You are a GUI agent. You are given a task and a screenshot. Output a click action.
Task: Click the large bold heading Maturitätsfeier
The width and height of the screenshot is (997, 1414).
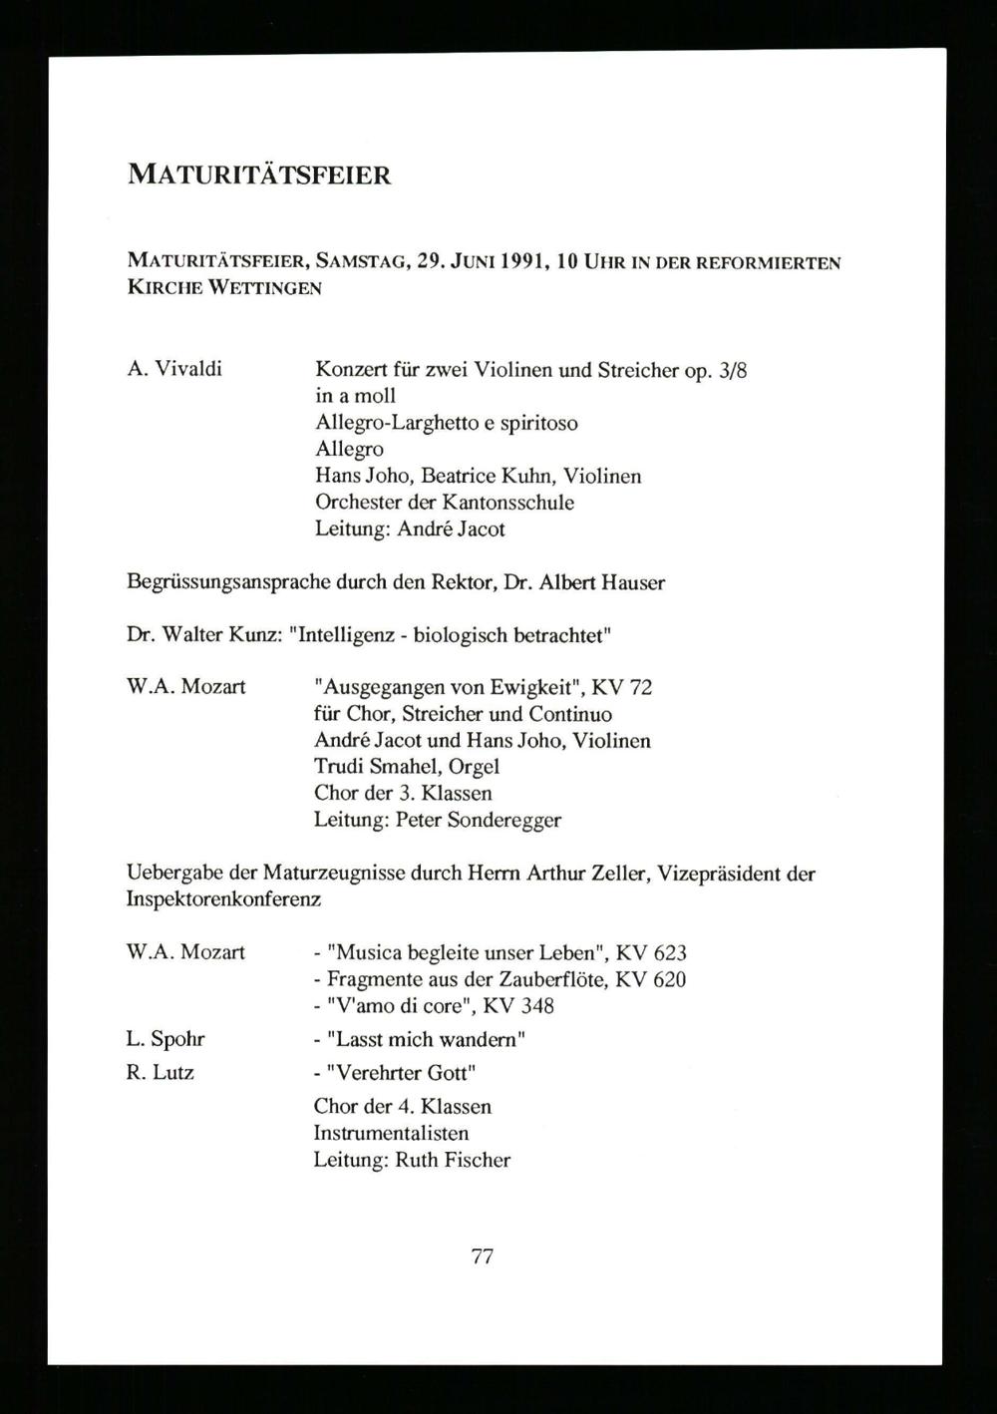click(259, 176)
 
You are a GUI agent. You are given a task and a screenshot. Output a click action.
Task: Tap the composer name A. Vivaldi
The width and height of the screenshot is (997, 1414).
click(174, 369)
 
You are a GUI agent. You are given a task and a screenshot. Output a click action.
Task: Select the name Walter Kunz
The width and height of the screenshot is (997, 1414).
click(215, 635)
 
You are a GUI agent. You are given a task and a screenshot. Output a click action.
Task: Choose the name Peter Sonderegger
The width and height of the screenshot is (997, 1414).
click(479, 821)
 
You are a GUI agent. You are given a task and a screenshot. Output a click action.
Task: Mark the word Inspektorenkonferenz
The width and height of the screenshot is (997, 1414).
click(223, 899)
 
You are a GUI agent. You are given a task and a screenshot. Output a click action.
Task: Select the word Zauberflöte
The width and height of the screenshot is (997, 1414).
click(555, 979)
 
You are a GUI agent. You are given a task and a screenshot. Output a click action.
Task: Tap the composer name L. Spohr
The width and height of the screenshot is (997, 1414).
click(166, 1040)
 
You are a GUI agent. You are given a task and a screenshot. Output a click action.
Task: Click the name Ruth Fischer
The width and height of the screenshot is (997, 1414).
click(453, 1160)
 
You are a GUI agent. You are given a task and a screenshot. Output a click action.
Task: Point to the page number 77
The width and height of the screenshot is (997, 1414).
click(482, 1256)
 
